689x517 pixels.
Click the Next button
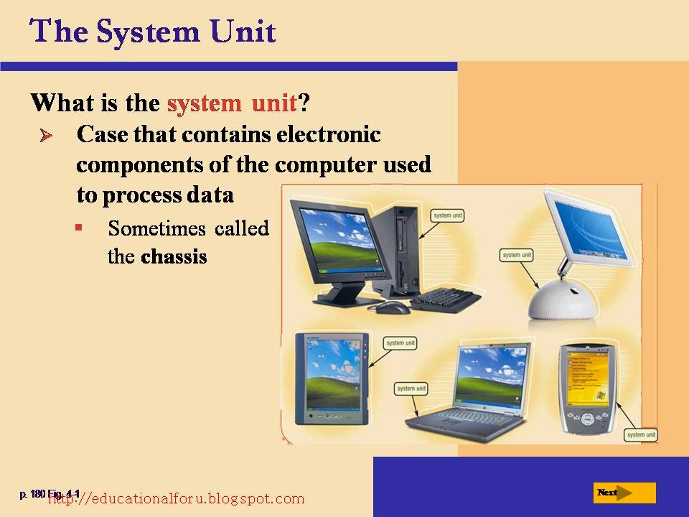coord(625,493)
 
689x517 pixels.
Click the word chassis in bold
coord(174,256)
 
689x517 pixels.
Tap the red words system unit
coord(231,103)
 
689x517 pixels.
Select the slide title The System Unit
coord(152,32)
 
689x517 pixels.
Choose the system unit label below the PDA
coord(639,435)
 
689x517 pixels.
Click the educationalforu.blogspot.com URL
coord(176,498)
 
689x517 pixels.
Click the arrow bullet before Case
coord(48,136)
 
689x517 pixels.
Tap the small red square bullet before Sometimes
coord(78,227)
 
